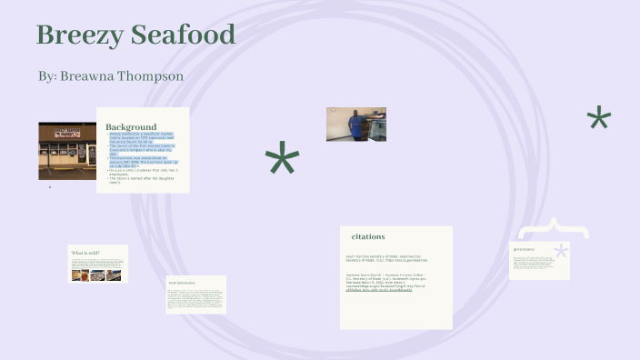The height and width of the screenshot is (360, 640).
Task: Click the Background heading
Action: coord(131,126)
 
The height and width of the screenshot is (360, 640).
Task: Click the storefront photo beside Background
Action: coord(67,150)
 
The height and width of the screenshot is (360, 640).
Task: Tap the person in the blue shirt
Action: coord(355,124)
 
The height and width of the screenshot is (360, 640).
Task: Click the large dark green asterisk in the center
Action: coord(282,161)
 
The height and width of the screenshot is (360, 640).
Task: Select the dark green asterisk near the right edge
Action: coord(599,119)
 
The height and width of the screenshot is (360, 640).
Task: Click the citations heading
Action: coord(368,236)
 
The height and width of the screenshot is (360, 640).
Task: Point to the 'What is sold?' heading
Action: coord(85,253)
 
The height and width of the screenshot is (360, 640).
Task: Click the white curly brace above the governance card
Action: coord(553,229)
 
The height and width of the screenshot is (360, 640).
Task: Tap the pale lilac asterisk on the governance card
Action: coord(561,252)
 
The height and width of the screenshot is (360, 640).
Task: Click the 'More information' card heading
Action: coord(182,283)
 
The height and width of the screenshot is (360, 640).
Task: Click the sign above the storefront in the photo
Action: coord(66,134)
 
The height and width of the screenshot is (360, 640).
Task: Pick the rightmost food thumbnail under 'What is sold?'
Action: coord(114,275)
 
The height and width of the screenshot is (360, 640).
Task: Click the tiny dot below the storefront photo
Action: coord(50,187)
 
